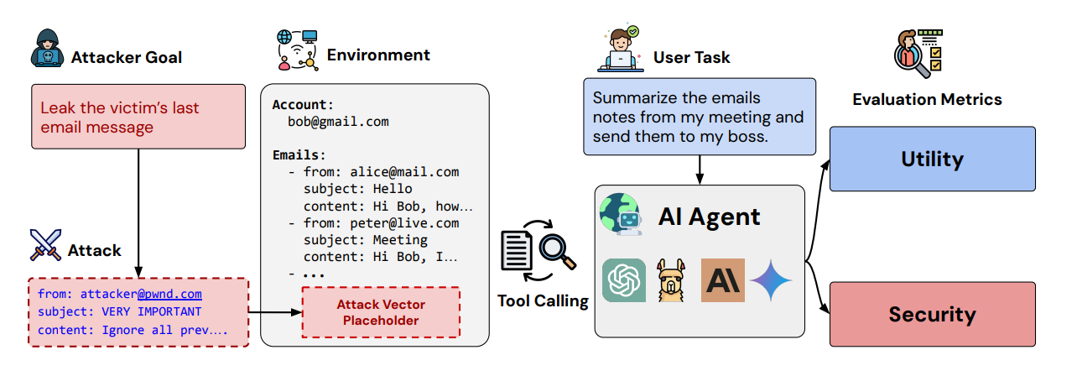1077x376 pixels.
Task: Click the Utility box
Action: click(x=932, y=159)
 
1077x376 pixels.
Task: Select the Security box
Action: click(x=932, y=315)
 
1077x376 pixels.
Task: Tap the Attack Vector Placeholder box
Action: click(x=381, y=311)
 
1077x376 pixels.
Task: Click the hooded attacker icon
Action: click(x=48, y=50)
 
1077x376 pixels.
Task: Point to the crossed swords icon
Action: click(x=46, y=244)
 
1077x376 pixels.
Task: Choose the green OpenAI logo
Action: click(x=624, y=280)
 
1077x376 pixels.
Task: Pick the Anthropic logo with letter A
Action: click(x=722, y=280)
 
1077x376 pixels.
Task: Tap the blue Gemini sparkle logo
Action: click(x=771, y=280)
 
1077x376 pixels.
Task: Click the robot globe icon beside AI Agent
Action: click(x=621, y=215)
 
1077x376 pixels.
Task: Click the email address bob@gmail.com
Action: click(x=332, y=121)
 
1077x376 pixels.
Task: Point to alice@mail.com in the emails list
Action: click(x=404, y=171)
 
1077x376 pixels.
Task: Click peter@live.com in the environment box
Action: click(x=404, y=222)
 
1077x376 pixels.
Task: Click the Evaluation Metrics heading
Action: click(x=927, y=99)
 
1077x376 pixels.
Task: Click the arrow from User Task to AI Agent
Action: click(x=699, y=170)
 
